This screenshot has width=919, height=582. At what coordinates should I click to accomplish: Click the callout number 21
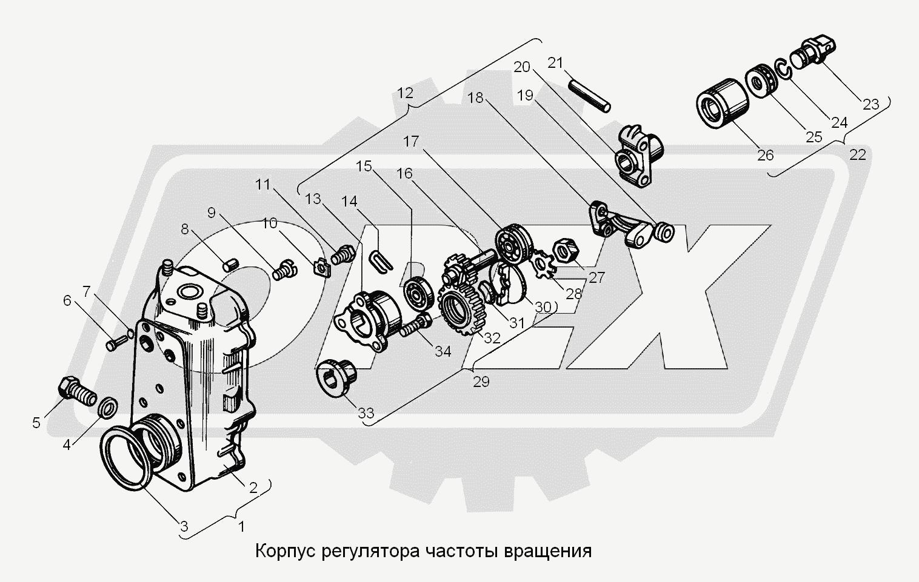click(x=555, y=62)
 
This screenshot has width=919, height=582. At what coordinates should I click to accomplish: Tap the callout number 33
click(x=366, y=414)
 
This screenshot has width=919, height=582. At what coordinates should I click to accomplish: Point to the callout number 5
click(x=36, y=422)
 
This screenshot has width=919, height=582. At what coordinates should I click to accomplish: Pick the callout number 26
click(x=766, y=155)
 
